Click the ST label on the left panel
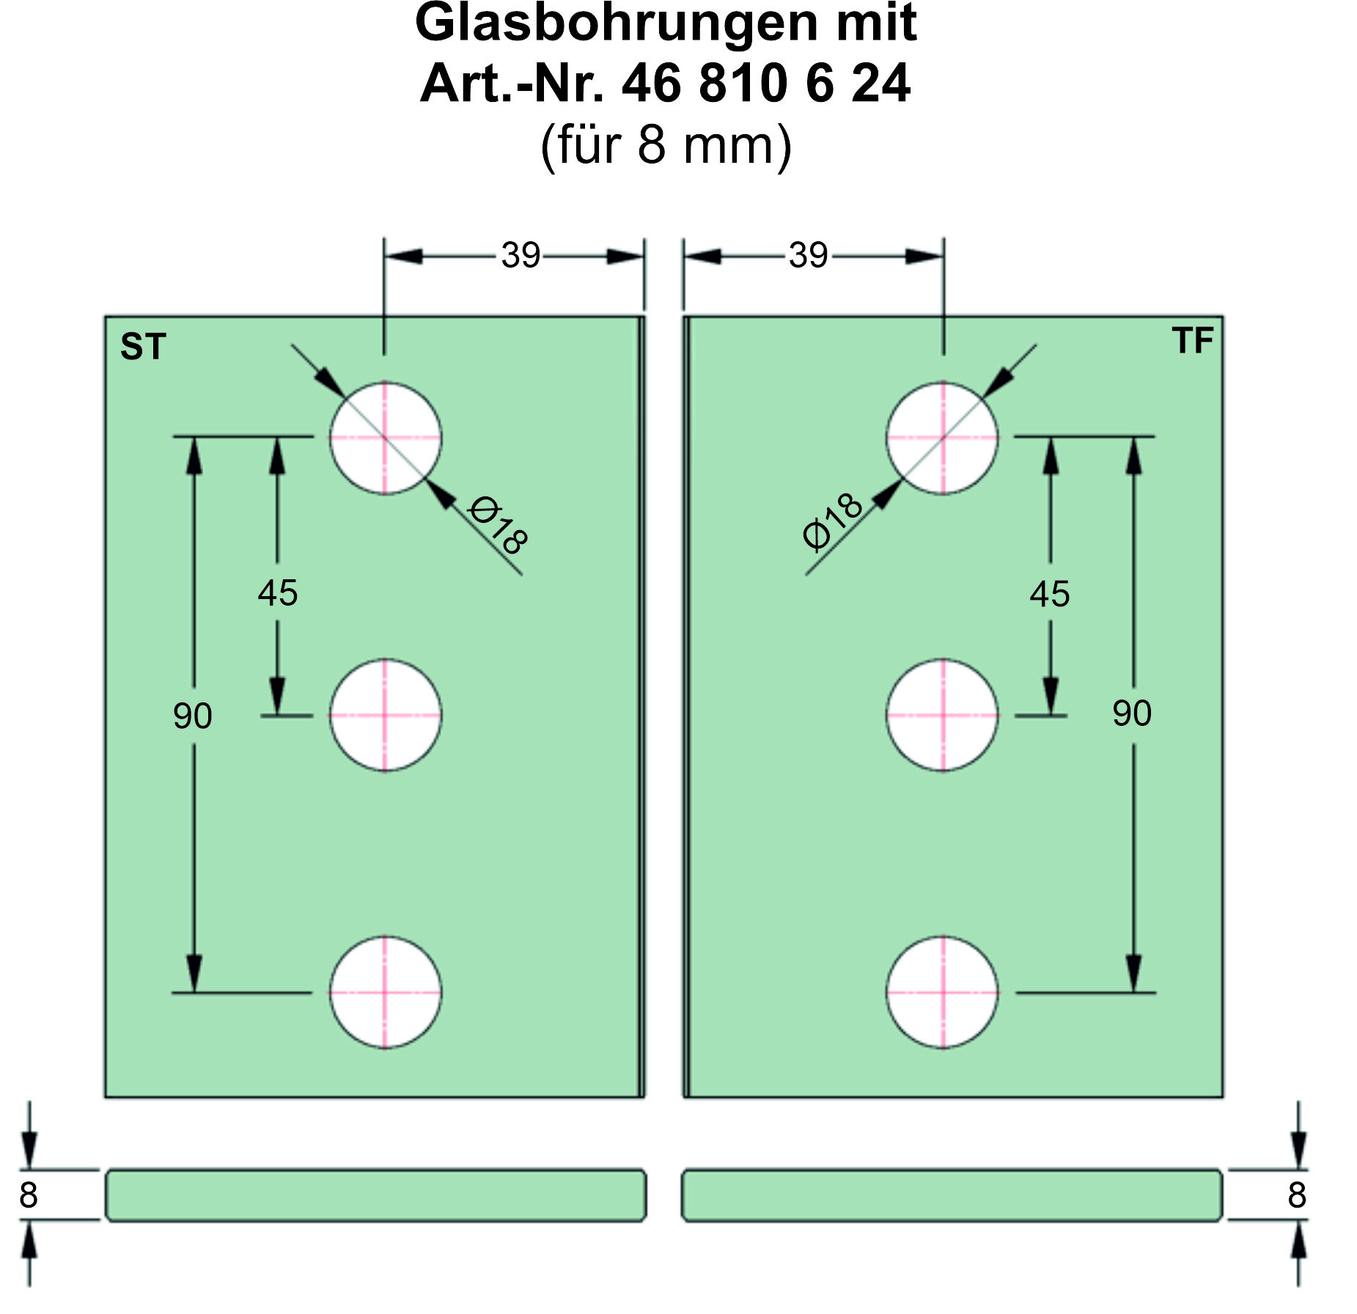click(143, 346)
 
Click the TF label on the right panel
click(1192, 340)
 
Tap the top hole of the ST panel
click(385, 438)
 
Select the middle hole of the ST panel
click(385, 715)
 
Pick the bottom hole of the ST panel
click(385, 992)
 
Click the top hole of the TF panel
click(943, 438)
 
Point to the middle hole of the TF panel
click(943, 715)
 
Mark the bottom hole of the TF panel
click(943, 992)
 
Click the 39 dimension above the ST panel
click(521, 256)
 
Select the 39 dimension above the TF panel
click(808, 256)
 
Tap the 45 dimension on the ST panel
click(278, 592)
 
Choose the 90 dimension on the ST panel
click(193, 716)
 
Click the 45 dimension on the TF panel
click(1050, 594)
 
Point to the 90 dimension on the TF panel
click(1132, 713)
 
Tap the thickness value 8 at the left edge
click(29, 1195)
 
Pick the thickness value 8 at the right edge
click(1297, 1195)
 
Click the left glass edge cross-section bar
click(376, 1195)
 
